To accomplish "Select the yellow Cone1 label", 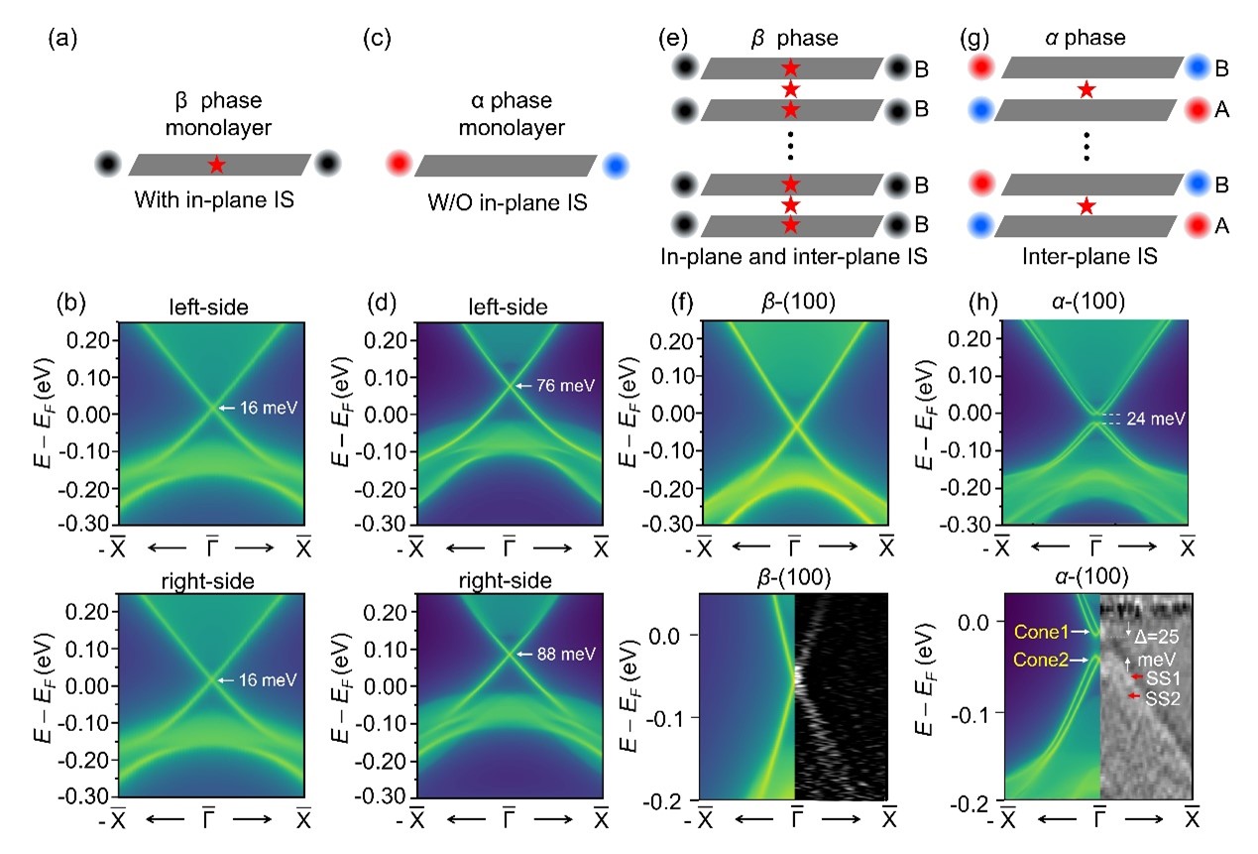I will click(x=1038, y=631).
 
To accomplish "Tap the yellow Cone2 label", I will click(x=1038, y=659).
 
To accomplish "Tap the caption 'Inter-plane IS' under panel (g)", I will click(x=1086, y=257).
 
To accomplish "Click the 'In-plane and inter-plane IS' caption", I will click(x=793, y=257).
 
